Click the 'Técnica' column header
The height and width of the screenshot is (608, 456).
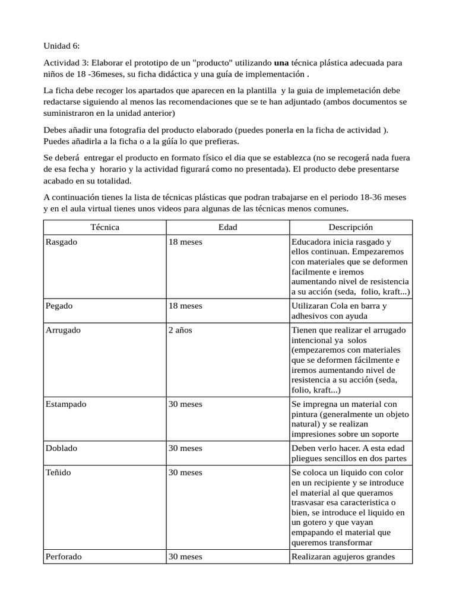pos(104,227)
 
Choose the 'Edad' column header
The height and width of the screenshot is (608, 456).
pos(228,227)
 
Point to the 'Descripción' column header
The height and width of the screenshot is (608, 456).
pos(350,227)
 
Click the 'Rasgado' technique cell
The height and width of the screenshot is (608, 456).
pos(61,242)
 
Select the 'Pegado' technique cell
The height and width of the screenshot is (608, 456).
pos(59,306)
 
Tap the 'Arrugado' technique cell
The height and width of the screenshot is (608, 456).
pos(63,330)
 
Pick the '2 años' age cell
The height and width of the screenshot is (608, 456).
pos(180,330)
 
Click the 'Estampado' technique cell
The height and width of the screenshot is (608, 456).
pos(66,404)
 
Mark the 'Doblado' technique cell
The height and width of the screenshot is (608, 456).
pos(62,448)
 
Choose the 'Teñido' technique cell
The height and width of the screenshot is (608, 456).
pos(59,472)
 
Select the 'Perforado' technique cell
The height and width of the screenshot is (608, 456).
pos(64,556)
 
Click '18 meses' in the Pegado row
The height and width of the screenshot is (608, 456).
pos(185,306)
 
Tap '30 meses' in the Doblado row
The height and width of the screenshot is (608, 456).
pos(185,448)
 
